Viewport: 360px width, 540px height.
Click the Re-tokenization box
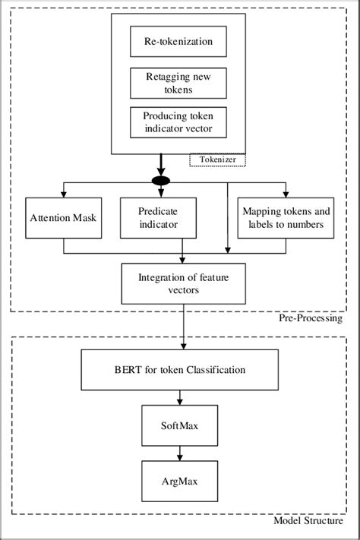coord(179,43)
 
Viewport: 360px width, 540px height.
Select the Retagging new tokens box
coord(179,83)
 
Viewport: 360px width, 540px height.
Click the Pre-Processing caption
coord(308,319)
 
